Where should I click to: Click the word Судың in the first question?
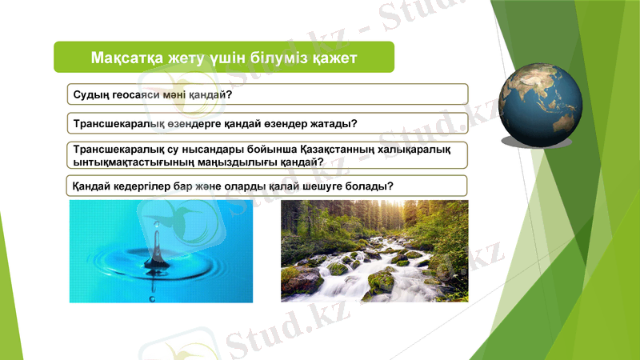click(90, 95)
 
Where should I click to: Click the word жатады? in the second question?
click(330, 125)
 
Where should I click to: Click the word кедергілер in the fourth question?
click(146, 186)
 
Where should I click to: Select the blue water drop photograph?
click(161, 251)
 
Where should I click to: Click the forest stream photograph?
click(374, 251)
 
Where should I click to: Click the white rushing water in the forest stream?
click(360, 276)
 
